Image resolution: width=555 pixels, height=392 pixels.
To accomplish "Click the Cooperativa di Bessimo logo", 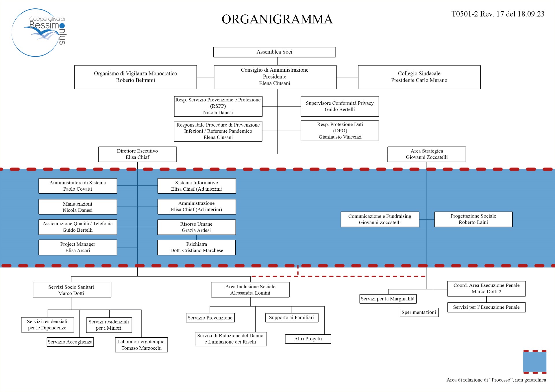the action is (39, 32).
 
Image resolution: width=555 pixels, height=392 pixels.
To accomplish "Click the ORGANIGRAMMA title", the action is (277, 19).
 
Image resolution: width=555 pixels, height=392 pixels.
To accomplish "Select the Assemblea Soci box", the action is (274, 52).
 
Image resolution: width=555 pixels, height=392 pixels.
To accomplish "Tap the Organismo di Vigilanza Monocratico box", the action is (136, 77).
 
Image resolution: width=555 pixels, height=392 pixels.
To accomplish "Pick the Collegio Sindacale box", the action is (419, 77).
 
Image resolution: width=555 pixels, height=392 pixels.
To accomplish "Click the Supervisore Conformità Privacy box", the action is (340, 106).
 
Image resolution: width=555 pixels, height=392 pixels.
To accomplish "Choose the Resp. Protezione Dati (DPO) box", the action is (340, 131).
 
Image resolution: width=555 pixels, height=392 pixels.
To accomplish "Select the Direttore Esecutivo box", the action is (137, 154).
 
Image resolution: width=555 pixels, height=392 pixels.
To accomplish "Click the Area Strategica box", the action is (427, 154).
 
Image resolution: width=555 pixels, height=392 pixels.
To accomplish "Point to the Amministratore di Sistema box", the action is (78, 186).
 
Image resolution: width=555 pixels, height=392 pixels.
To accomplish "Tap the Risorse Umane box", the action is (197, 227).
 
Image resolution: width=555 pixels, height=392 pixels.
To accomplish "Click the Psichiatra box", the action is (197, 247).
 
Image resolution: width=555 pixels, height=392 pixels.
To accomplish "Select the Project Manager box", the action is (78, 247).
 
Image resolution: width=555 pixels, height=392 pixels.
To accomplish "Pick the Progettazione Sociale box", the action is (473, 219).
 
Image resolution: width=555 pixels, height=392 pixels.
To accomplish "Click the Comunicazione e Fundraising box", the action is (380, 219).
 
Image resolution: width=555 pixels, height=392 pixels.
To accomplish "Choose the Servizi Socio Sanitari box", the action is (72, 289).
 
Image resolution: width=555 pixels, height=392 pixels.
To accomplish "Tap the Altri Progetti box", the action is (308, 339).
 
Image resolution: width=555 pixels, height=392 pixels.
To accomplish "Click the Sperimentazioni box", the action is (419, 312).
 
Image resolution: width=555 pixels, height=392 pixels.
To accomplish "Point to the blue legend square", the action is (534, 362).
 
